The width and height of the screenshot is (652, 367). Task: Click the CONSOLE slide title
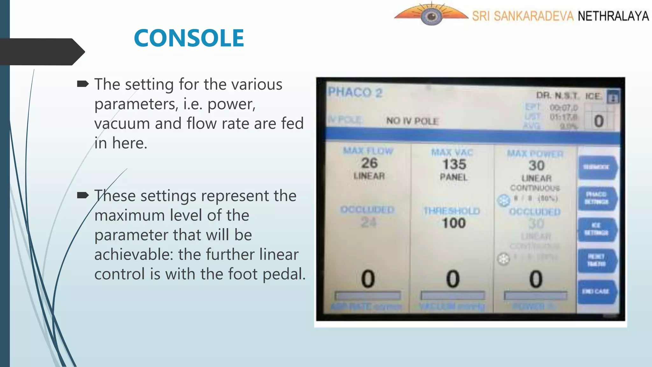(189, 38)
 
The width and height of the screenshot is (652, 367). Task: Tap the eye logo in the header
(431, 16)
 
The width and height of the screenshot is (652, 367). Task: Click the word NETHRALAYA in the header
(613, 16)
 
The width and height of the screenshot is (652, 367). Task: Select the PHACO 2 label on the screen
(355, 93)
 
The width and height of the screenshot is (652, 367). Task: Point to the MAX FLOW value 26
(369, 163)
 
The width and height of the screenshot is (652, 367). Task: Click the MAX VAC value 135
(454, 164)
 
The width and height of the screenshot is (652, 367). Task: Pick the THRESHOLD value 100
(454, 223)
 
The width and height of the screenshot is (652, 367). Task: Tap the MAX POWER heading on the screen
(535, 154)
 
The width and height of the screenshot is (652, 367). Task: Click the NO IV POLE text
(412, 121)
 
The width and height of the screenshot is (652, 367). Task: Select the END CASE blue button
(597, 291)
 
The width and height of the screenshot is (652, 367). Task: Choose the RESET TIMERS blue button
(597, 260)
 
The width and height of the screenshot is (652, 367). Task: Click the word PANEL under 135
(454, 177)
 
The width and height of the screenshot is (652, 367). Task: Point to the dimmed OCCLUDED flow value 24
(369, 222)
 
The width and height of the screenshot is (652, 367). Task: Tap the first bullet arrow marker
(83, 84)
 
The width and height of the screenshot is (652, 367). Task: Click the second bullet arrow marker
(83, 195)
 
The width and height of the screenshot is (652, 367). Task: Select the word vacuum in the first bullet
(122, 124)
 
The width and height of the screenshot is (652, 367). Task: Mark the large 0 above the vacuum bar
(453, 279)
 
